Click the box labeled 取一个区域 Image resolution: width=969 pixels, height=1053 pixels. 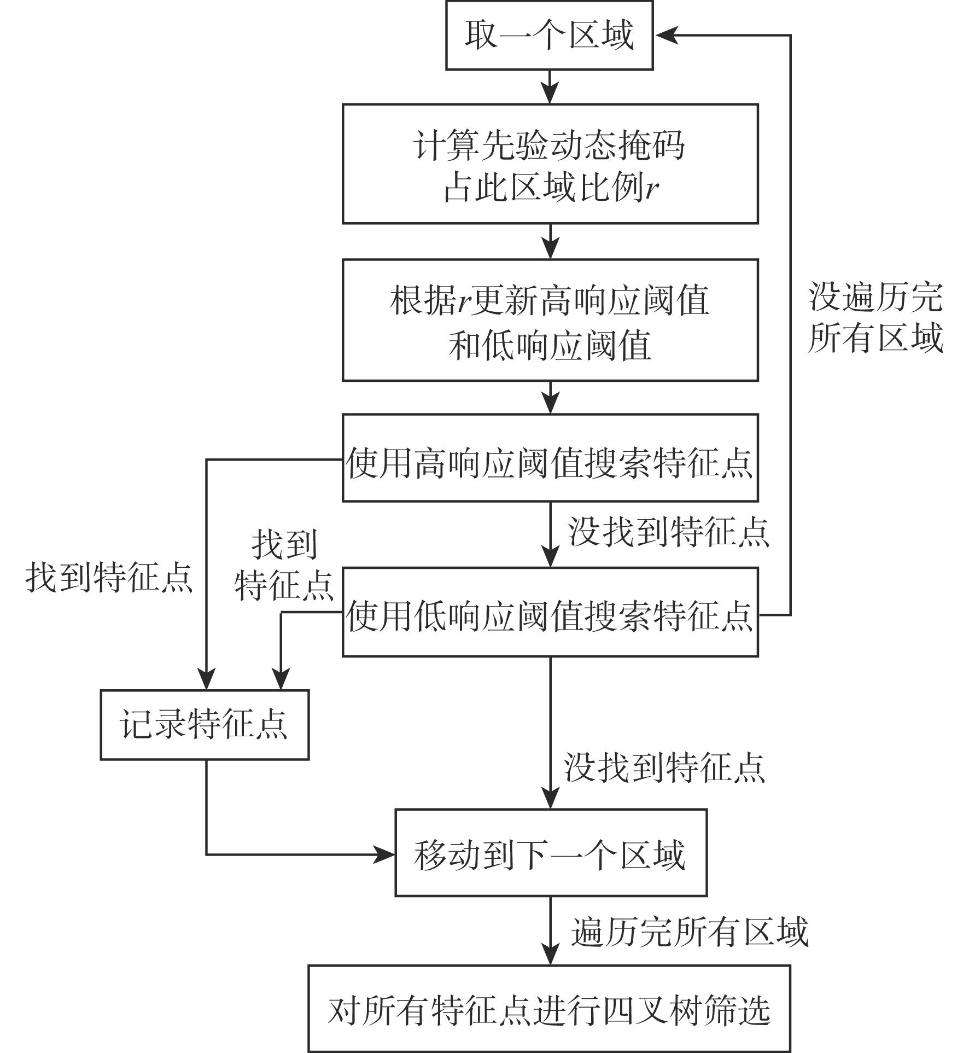pos(549,36)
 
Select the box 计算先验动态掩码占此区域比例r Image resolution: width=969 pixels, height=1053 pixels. pos(550,164)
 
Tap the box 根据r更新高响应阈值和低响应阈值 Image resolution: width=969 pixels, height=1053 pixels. pos(550,320)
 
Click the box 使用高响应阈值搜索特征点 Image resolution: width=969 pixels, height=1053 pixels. pos(550,458)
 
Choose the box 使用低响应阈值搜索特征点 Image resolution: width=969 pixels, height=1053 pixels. pos(550,612)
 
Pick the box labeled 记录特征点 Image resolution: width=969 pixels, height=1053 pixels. pos(205,725)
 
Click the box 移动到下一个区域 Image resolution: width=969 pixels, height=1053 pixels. pos(551,854)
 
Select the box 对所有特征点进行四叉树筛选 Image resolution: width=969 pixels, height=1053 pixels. pos(549,1010)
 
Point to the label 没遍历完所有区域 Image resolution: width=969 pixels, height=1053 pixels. pos(875,317)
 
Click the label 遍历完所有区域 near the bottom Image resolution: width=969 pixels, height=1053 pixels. pos(690,932)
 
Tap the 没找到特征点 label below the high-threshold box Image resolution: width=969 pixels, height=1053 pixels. pos(668,532)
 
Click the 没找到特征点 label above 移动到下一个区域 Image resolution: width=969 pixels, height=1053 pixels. pos(664,767)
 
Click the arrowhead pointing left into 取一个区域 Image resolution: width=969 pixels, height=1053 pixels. pos(666,36)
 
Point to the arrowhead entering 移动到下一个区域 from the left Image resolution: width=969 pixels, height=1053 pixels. pos(386,854)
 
